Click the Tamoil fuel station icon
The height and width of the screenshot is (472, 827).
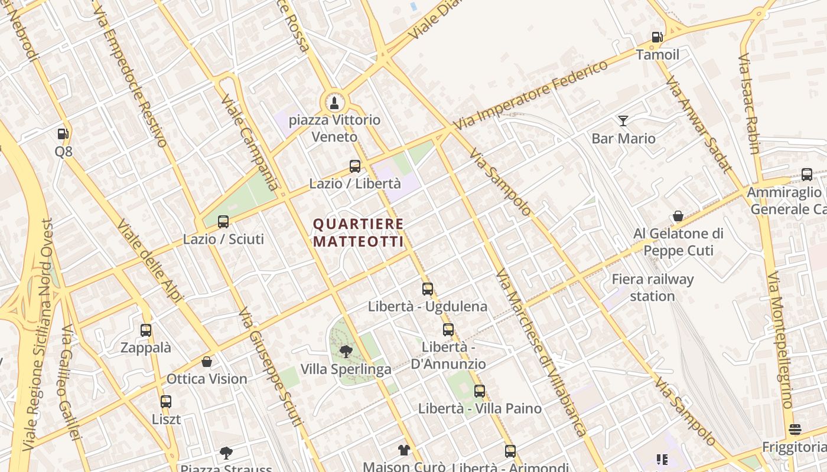point(657,37)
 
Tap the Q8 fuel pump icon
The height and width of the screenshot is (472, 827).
point(63,134)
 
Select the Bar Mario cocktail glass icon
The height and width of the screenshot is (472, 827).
point(623,121)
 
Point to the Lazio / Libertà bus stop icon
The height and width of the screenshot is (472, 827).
point(355,166)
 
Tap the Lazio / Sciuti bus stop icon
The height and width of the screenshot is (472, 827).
point(223,222)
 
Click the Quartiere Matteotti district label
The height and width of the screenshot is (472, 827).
point(359,232)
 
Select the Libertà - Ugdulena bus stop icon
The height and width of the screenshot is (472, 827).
point(428,289)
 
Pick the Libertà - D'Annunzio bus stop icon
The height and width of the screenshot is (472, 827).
point(448,330)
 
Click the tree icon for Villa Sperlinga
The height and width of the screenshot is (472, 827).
point(346,352)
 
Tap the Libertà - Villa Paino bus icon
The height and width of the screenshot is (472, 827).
point(480,391)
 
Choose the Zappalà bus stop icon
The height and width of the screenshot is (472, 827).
point(146,330)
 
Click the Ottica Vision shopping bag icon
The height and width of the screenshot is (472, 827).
point(207,361)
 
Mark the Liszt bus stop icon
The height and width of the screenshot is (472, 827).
point(166,402)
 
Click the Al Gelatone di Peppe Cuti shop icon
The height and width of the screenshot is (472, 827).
point(678,216)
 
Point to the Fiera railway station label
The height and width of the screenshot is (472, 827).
point(652,287)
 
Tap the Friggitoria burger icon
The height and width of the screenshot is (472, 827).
point(795,430)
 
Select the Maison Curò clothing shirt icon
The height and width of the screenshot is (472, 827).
point(403,450)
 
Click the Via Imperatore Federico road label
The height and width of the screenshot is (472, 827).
point(530,94)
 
